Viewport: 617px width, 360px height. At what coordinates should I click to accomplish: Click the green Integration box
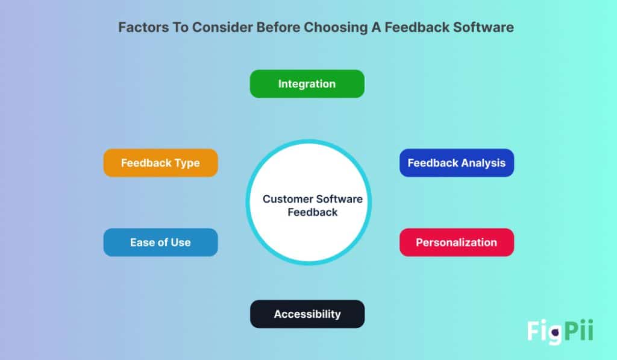[x=307, y=84]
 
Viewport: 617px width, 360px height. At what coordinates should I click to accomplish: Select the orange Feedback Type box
[x=160, y=163]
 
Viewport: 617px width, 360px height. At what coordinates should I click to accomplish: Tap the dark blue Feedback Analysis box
[x=456, y=163]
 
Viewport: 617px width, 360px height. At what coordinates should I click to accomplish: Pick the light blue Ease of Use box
[x=160, y=242]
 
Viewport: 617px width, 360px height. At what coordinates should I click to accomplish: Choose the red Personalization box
[x=456, y=242]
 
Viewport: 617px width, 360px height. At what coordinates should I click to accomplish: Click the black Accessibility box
[x=307, y=314]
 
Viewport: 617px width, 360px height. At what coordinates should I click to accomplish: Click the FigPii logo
[x=560, y=331]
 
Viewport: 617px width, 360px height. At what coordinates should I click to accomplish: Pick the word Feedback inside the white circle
[x=312, y=212]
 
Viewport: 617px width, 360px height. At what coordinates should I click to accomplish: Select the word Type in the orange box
[x=187, y=163]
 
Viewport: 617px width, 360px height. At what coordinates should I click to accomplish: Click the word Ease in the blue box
[x=142, y=242]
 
